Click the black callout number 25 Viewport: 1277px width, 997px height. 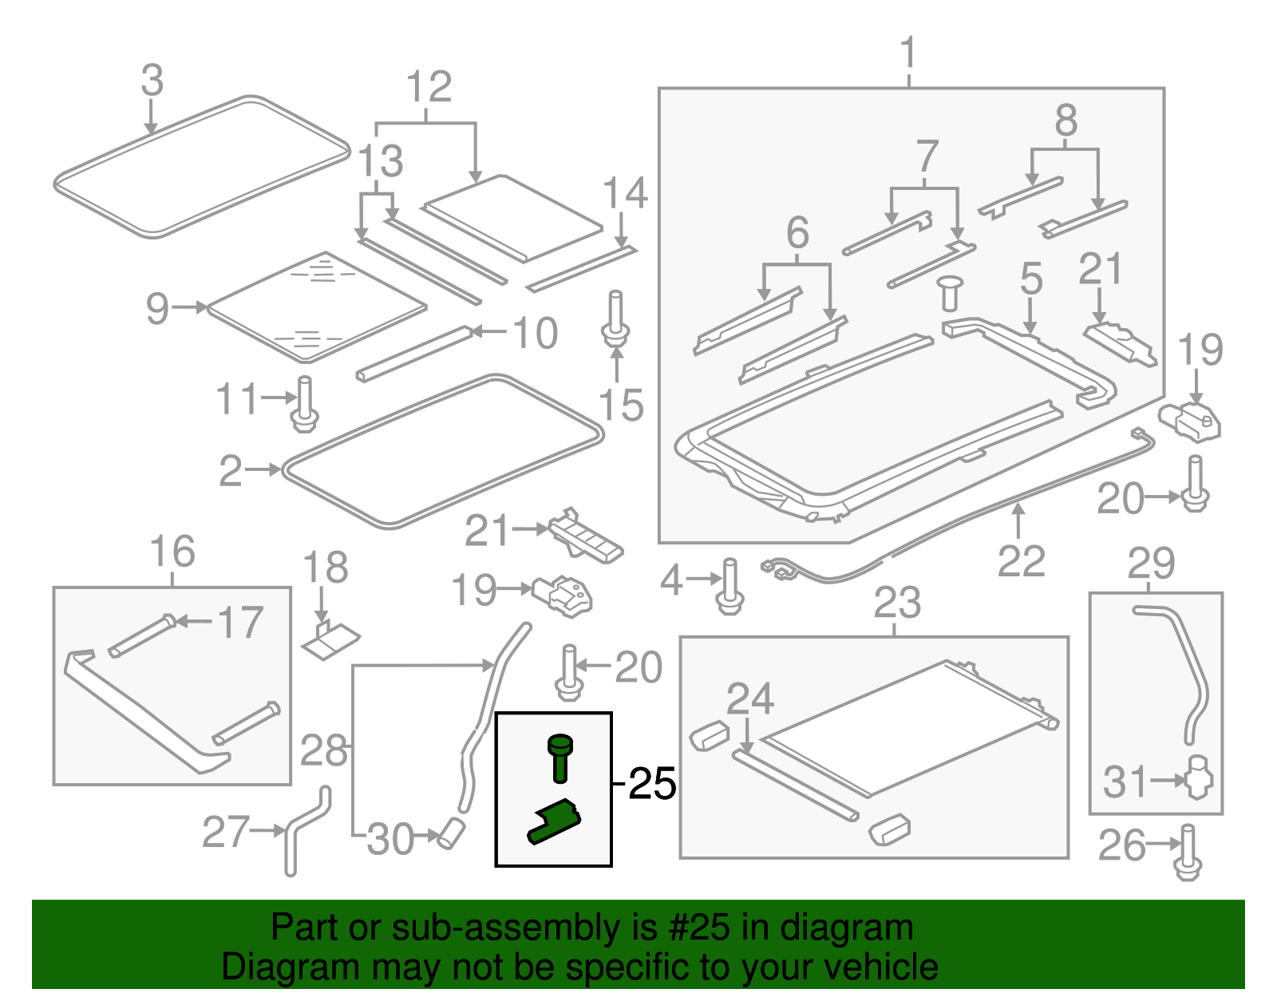652,784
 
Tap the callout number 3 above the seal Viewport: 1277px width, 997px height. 152,81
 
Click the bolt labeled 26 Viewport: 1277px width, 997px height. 1188,853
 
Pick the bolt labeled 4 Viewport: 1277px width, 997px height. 730,587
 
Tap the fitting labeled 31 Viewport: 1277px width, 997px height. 1198,777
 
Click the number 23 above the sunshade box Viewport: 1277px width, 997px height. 897,603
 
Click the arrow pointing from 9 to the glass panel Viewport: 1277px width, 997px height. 190,307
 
